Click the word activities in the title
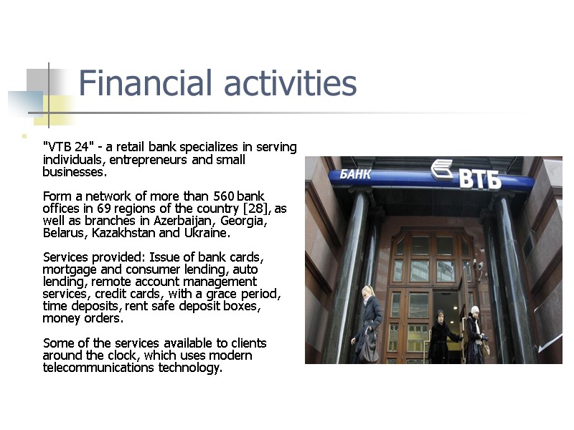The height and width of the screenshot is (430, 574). pyautogui.click(x=290, y=83)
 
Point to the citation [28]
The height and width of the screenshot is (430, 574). pyautogui.click(x=258, y=209)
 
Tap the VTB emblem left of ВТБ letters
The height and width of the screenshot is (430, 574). pyautogui.click(x=441, y=171)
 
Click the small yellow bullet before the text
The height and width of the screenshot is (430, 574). pyautogui.click(x=24, y=135)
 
